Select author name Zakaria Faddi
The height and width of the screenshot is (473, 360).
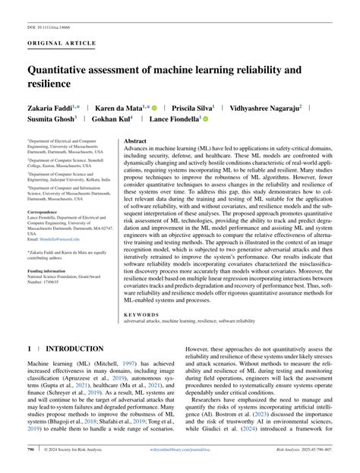point(52,109)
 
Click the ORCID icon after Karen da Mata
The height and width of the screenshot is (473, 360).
point(153,109)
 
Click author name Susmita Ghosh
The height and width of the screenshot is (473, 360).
point(52,120)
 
